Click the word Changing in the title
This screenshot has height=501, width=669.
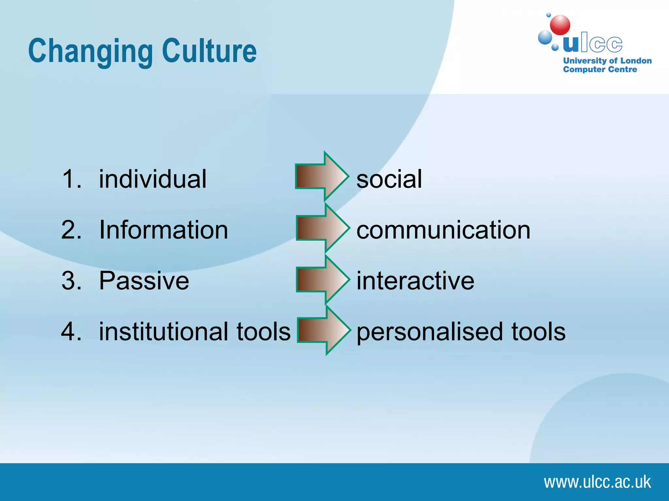(90, 51)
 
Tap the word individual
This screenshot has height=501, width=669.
(153, 179)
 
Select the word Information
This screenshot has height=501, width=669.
(163, 230)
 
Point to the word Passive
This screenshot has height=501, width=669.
(144, 281)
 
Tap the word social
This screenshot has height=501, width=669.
(389, 179)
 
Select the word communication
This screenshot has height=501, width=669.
(443, 230)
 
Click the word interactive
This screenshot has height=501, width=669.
(415, 281)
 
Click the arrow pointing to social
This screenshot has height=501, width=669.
(322, 176)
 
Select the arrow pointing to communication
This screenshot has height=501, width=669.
(322, 228)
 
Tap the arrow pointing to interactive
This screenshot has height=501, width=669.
(322, 279)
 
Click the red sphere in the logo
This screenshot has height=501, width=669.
(560, 25)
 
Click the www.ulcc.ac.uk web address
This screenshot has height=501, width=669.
(597, 482)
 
